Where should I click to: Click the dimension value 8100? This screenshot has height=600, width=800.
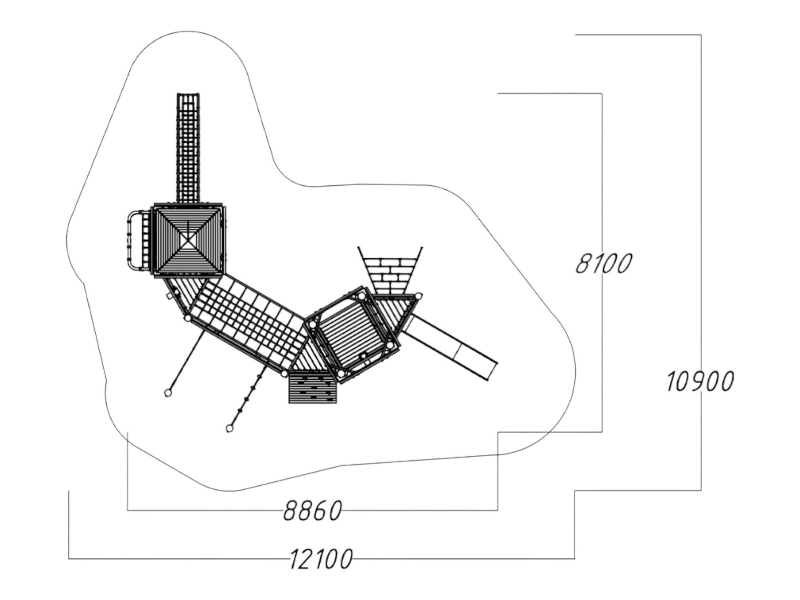(604, 263)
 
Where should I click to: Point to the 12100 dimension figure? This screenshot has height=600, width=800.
(321, 559)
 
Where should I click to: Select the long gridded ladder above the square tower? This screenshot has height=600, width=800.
(188, 148)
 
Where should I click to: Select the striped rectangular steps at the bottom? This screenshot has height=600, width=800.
(313, 387)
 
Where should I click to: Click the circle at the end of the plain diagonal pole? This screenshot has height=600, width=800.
(168, 393)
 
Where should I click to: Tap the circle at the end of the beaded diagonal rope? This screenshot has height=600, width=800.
(229, 429)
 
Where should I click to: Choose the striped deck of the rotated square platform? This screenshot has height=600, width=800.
(352, 335)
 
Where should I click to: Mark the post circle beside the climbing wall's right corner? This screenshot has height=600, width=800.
(418, 296)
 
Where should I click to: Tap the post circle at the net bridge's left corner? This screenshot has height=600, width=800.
(188, 318)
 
